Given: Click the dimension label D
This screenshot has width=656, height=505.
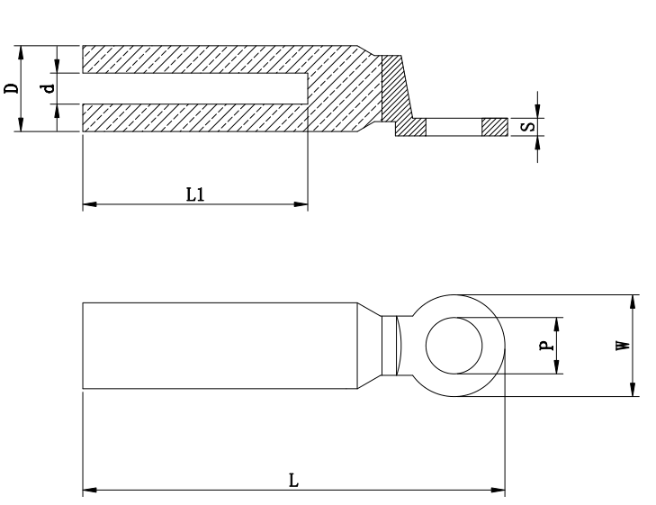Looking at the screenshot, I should tap(10, 88).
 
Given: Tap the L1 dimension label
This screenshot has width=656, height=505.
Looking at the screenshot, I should tap(195, 194).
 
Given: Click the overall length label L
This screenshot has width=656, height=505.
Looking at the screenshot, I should tap(293, 480).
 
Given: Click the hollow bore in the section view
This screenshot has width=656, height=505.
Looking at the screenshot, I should tap(193, 88).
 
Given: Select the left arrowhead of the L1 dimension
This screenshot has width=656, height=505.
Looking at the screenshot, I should tap(88, 205).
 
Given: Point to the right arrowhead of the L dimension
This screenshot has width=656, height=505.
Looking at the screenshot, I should tap(499, 491).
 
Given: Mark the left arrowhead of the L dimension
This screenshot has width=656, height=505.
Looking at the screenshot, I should tap(88, 491).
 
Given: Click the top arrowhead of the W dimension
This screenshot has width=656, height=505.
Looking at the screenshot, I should tap(634, 301).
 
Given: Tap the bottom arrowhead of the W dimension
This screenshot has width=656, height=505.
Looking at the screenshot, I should tap(634, 391).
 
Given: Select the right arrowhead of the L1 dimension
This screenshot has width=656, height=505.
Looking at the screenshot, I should tap(302, 205).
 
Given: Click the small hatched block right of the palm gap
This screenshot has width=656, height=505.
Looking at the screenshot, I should tap(494, 127).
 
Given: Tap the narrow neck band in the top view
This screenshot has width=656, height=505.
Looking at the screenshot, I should tap(389, 346).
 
